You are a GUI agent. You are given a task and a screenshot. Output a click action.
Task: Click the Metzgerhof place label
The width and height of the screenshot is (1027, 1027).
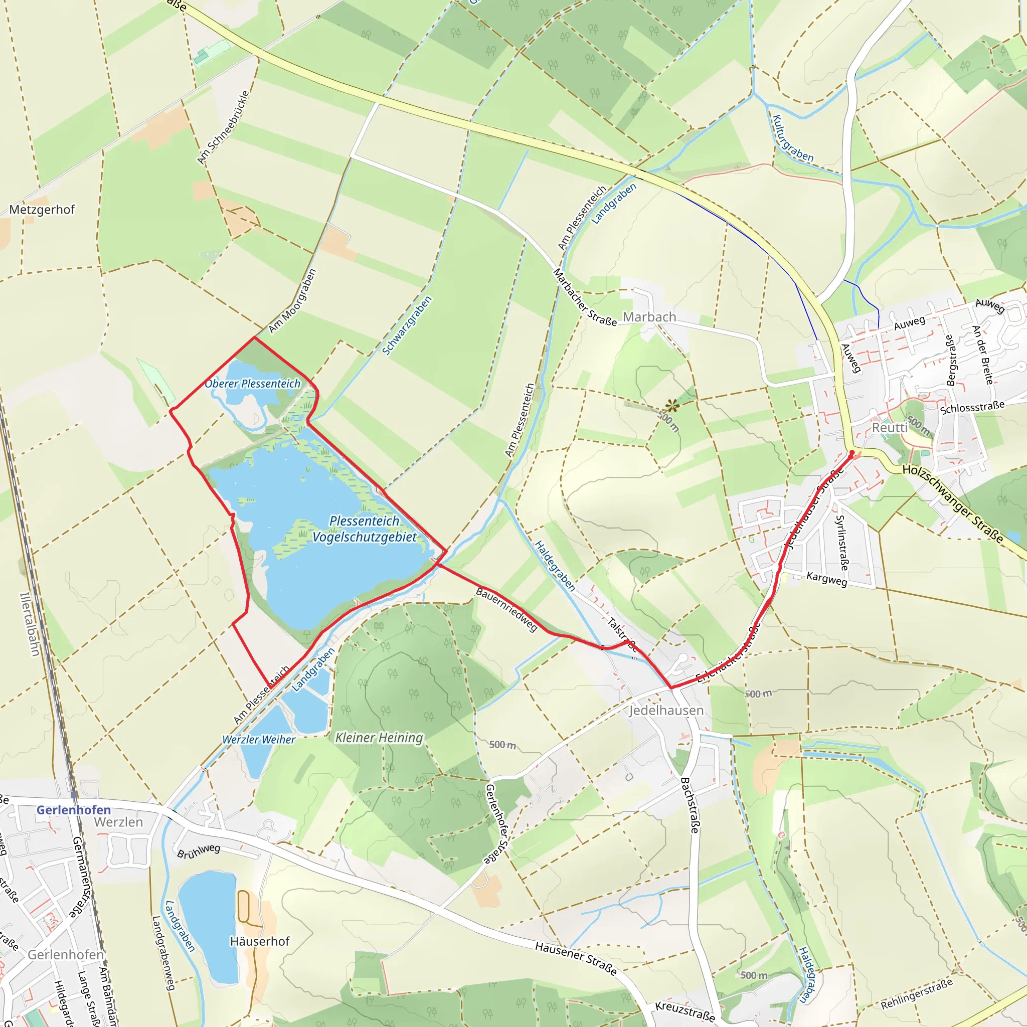42,210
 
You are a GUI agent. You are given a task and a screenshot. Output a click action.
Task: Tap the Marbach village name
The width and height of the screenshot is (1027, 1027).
649,317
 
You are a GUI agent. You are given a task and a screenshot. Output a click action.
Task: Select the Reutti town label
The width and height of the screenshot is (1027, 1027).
890,427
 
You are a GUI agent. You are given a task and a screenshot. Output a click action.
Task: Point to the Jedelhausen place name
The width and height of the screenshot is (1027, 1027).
666,710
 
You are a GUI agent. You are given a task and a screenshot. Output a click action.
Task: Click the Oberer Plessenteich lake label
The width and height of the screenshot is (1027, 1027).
253,383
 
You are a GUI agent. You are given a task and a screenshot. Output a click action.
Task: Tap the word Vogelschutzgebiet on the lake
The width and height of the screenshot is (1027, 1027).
365,538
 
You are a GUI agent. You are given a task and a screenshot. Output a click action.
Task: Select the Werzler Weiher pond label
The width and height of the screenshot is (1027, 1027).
258,740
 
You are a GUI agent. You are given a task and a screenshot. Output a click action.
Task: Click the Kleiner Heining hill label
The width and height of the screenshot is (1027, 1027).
379,738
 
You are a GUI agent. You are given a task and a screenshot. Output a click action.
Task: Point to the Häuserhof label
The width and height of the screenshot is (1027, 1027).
259,941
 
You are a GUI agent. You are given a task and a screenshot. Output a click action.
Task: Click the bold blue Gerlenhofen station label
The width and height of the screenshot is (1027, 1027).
74,809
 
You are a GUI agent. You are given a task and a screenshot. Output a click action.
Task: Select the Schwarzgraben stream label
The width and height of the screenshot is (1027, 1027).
407,326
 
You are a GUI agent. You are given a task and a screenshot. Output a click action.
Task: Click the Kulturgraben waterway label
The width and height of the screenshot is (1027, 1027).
793,138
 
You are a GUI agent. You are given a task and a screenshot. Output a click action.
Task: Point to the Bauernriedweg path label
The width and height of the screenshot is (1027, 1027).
506,609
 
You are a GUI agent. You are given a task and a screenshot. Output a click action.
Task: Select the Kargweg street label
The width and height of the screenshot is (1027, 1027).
826,579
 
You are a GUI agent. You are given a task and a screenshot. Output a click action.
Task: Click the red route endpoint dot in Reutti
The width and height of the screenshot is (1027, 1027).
852,453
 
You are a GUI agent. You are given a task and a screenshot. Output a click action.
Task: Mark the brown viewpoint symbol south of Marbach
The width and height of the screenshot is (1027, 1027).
672,406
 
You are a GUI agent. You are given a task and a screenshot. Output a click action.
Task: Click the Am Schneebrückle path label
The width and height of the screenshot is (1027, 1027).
223,127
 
